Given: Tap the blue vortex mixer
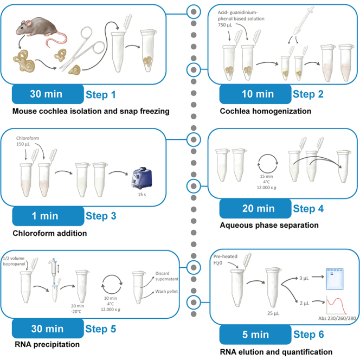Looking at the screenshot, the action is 142,178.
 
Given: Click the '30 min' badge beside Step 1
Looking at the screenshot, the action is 48,94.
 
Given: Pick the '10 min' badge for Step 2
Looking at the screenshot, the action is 255,94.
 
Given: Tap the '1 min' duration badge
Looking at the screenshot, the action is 48,216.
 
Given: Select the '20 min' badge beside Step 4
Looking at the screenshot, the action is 255,209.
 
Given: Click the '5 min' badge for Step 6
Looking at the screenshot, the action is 255,335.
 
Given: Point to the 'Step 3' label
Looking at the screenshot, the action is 101,216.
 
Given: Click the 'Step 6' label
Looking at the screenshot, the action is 308,335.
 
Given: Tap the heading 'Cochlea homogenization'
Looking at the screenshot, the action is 266,111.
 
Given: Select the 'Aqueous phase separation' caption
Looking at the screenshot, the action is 269,225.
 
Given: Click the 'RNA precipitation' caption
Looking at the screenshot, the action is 47,344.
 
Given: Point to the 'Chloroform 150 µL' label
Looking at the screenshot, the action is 28,141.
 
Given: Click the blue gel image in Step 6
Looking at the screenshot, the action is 335,279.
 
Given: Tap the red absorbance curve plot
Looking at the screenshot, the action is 336,305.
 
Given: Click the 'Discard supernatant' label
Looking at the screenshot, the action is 166,276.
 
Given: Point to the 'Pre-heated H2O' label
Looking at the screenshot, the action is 225,260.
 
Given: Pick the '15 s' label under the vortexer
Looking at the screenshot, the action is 142,195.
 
